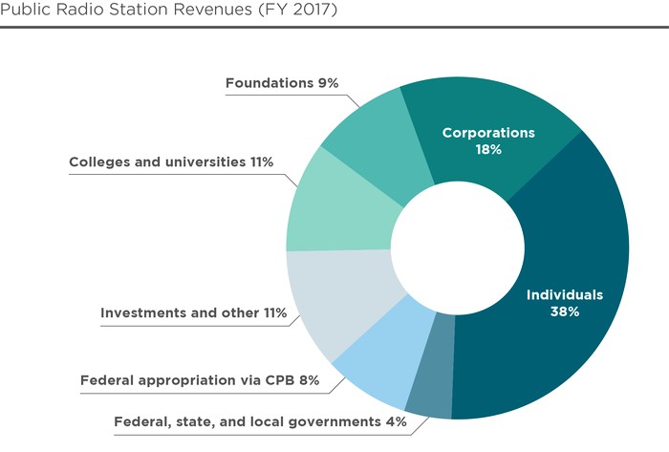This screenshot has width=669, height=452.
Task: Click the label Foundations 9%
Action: point(282,83)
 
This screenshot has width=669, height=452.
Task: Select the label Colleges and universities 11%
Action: point(171,161)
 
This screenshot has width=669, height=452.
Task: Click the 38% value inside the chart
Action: point(565,312)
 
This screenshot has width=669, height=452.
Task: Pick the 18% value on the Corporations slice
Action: point(487,150)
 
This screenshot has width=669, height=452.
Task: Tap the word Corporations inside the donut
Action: point(487,132)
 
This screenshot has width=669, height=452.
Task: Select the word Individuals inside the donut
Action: point(566,294)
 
